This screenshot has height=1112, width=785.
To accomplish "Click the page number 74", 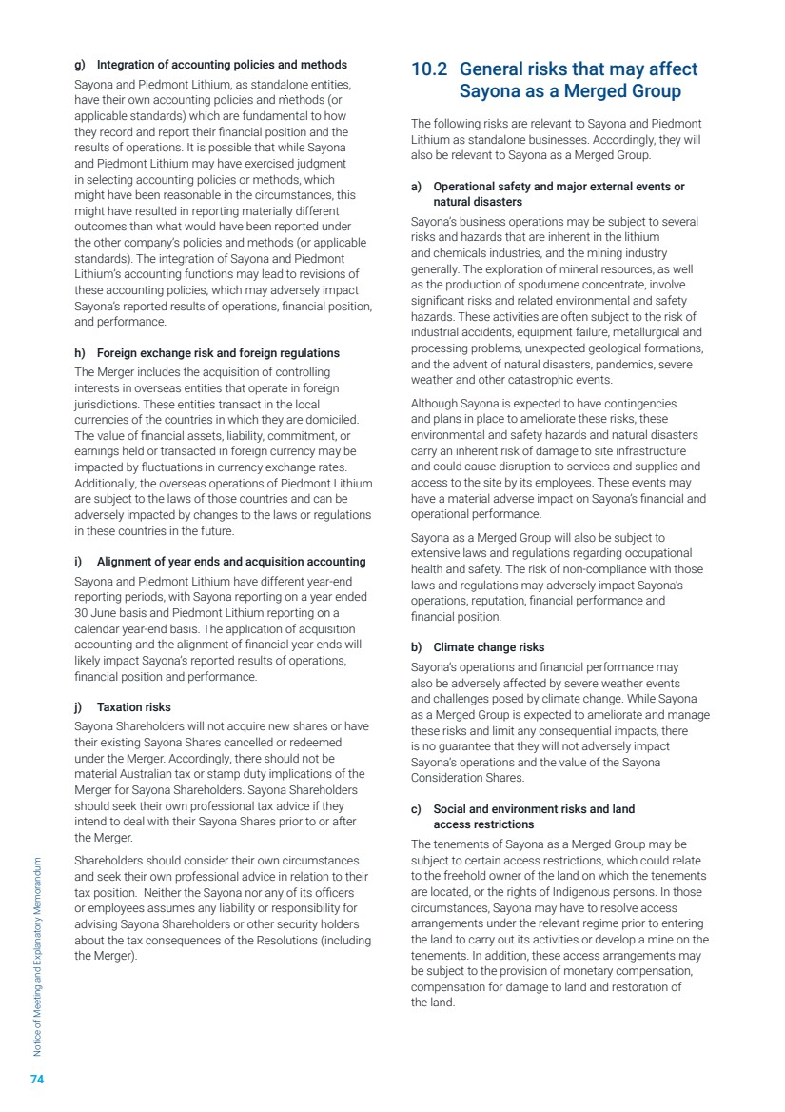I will (x=38, y=1079).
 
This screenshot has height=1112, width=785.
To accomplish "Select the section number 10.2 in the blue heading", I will (x=430, y=69).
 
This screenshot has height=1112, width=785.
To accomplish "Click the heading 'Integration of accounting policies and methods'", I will (x=222, y=65).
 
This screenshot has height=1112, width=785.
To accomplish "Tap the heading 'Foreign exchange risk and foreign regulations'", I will (x=218, y=353).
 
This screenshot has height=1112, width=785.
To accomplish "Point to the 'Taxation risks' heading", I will (x=134, y=707).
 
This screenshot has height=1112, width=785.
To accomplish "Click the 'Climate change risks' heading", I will (x=489, y=647).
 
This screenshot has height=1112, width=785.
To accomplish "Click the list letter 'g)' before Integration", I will (x=80, y=65).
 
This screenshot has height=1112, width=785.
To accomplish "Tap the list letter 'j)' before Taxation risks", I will (x=80, y=707).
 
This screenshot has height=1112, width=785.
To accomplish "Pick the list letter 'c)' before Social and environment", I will (x=417, y=809).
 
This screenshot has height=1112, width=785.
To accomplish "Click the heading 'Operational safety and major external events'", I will (x=559, y=187).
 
